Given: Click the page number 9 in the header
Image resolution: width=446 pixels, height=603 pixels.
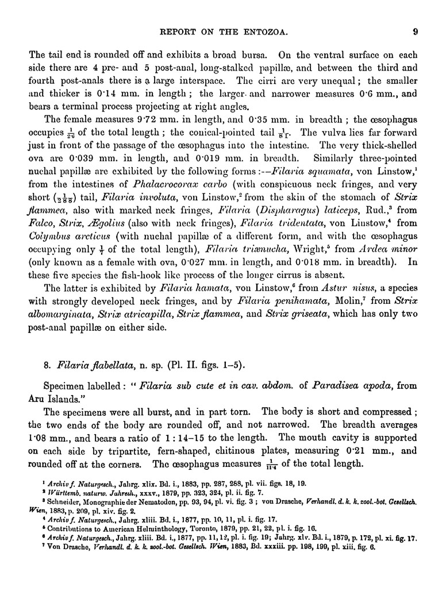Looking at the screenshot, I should (x=422, y=32).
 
